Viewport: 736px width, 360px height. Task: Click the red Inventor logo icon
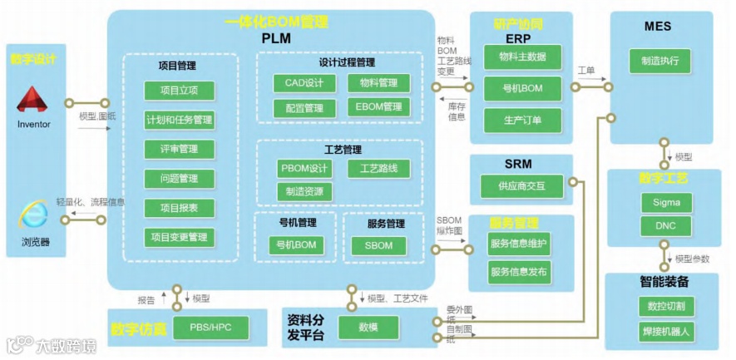(x=33, y=101)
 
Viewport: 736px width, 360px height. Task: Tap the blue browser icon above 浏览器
(x=34, y=217)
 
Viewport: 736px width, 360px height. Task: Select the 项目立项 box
(x=179, y=91)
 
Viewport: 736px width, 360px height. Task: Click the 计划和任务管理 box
(x=179, y=120)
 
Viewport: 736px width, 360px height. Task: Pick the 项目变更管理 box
(x=179, y=237)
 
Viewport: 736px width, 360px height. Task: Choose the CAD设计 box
(x=304, y=83)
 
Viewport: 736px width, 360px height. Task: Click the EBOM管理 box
(x=378, y=107)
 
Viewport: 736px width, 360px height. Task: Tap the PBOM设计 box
(x=304, y=169)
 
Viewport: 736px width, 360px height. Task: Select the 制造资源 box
(x=304, y=192)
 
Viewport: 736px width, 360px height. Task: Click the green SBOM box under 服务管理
(x=378, y=245)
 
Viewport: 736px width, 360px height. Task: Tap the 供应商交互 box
(x=521, y=186)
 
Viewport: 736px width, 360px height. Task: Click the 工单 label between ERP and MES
(x=586, y=72)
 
